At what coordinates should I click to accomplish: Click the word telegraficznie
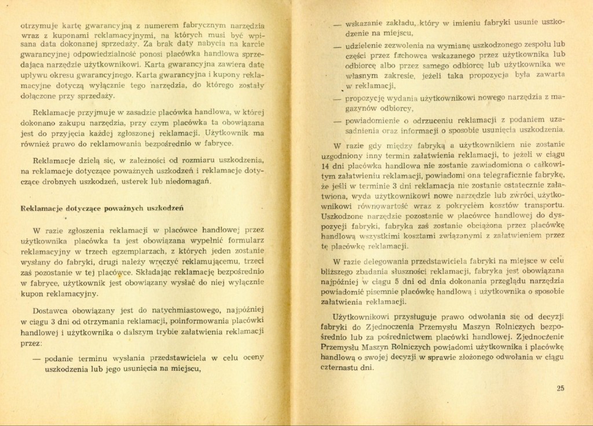(496, 174)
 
